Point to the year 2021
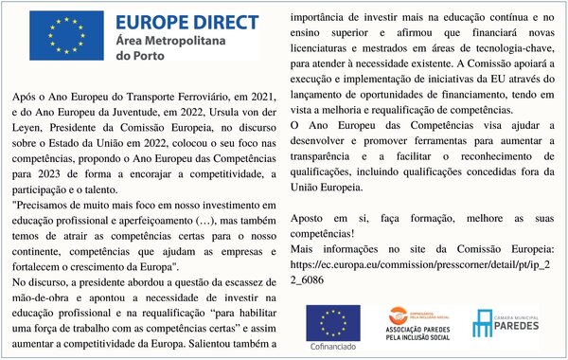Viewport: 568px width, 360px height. tap(259, 98)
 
